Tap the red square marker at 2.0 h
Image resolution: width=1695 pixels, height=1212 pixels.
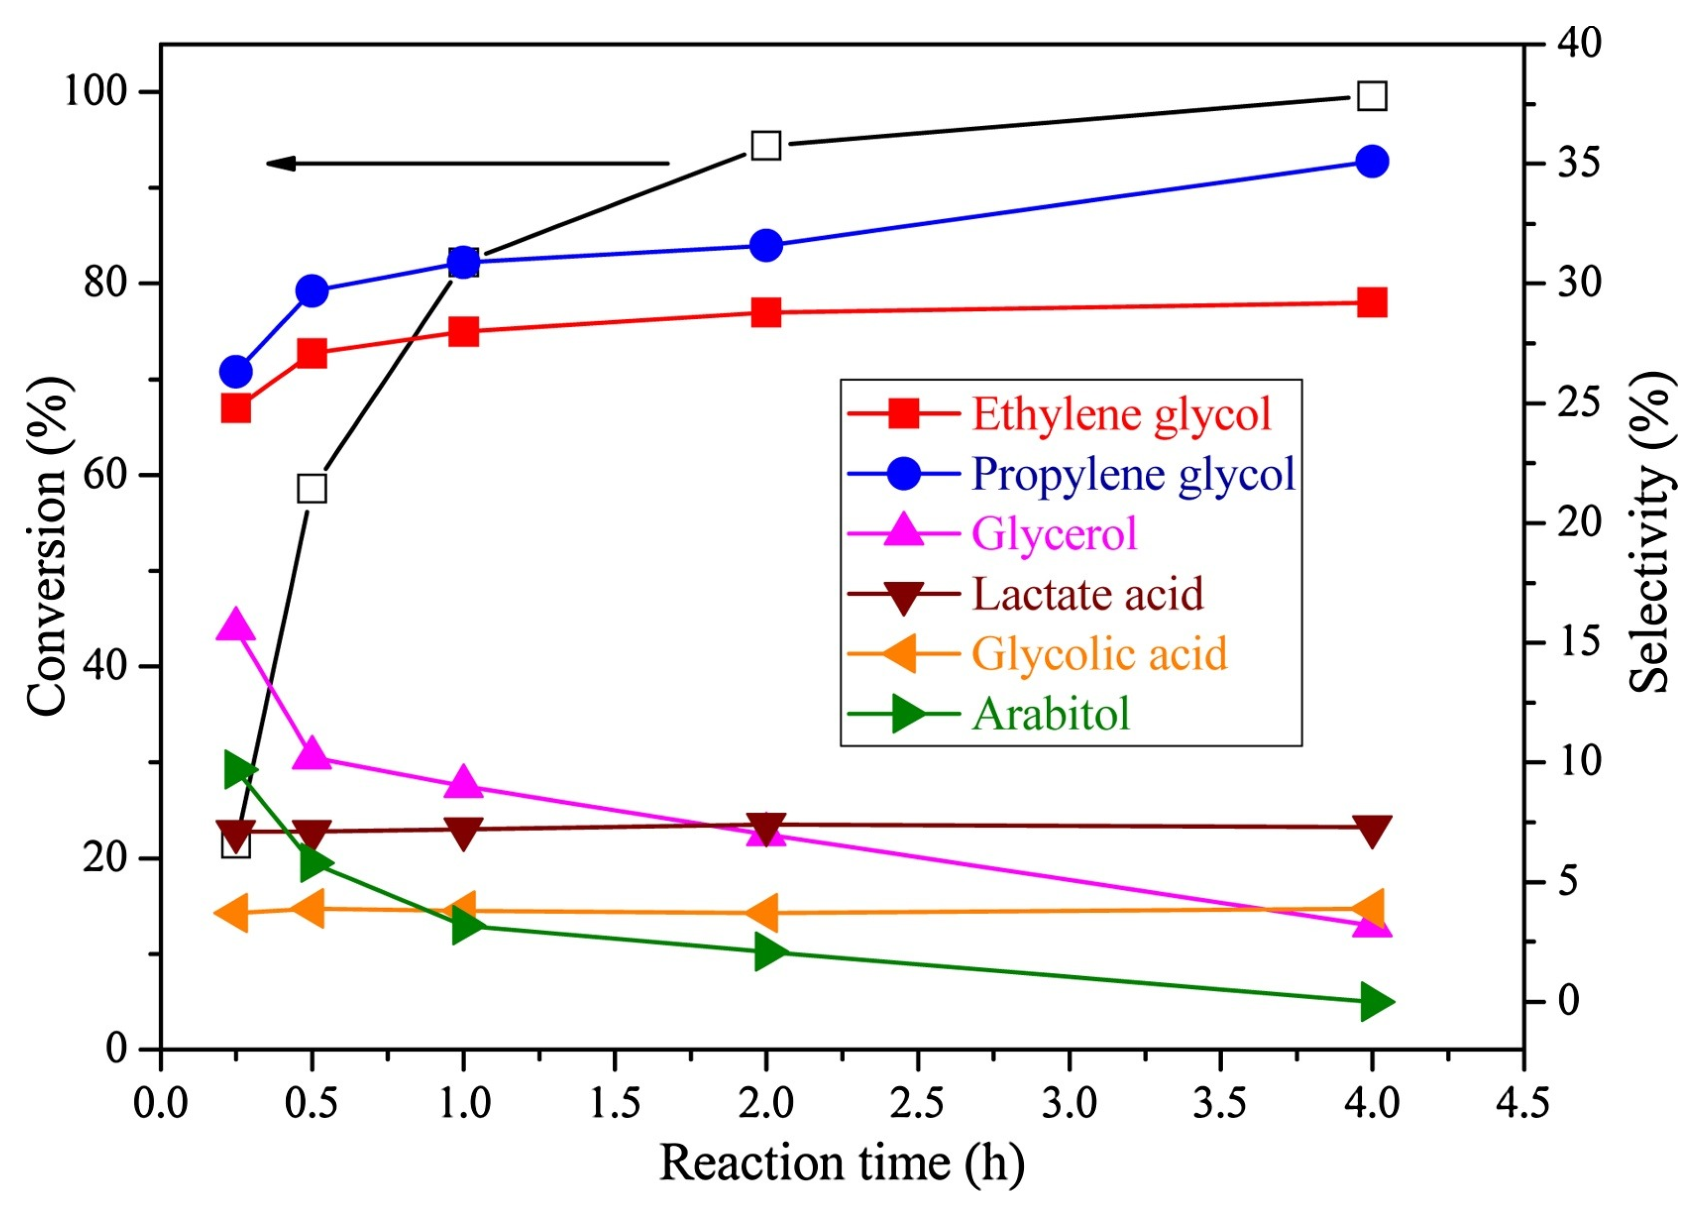(x=766, y=313)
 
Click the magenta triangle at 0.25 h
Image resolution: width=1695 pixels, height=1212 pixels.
(x=236, y=625)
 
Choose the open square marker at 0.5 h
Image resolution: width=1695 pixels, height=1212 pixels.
(x=312, y=489)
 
